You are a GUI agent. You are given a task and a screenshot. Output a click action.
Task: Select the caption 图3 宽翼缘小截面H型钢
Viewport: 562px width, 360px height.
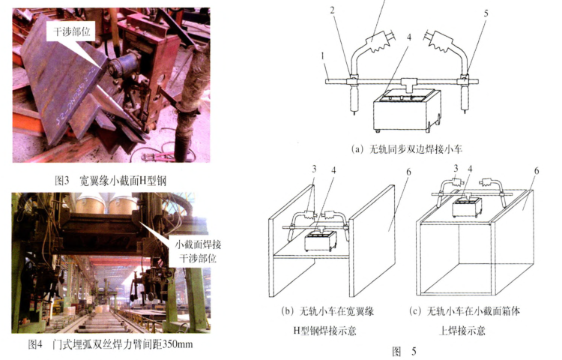click(x=110, y=180)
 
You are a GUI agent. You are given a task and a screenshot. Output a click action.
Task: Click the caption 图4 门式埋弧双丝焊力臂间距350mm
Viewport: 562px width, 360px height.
click(x=110, y=344)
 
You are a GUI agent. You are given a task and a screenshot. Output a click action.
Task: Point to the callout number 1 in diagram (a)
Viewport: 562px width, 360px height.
click(x=322, y=56)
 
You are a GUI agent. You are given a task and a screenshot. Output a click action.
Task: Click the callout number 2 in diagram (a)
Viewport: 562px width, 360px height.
click(x=332, y=10)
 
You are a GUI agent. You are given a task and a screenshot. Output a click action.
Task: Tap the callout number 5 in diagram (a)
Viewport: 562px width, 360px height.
click(x=486, y=13)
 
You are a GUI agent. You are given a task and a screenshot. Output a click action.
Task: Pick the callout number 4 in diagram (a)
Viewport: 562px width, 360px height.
click(x=409, y=37)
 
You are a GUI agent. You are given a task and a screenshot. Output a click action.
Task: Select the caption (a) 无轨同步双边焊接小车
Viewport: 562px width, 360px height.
click(x=407, y=148)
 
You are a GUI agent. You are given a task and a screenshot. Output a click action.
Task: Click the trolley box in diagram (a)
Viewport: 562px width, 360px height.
click(x=407, y=110)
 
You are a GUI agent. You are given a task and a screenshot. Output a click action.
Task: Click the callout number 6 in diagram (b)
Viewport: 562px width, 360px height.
click(x=408, y=172)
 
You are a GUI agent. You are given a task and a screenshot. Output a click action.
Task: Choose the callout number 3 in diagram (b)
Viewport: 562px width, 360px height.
click(x=314, y=169)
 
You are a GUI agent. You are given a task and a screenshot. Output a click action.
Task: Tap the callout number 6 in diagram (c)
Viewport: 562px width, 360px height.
click(x=537, y=171)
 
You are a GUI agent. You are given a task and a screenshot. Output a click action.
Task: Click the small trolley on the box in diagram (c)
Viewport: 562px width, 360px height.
click(x=467, y=208)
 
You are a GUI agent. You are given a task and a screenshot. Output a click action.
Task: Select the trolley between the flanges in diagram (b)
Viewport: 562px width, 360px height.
click(x=321, y=241)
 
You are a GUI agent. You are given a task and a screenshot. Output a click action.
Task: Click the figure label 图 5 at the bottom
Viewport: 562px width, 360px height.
click(x=404, y=351)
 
